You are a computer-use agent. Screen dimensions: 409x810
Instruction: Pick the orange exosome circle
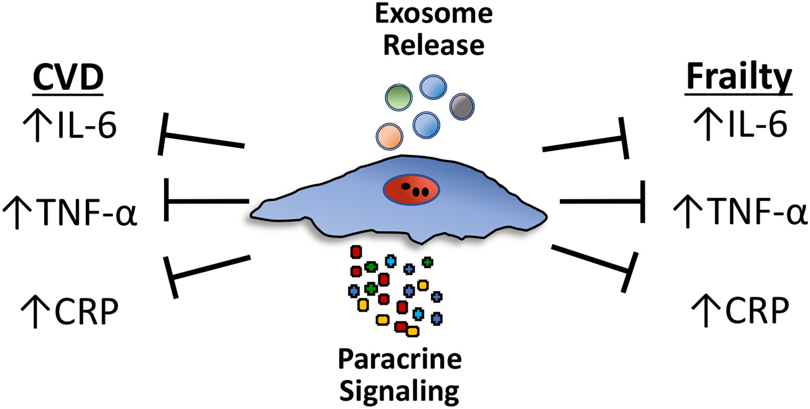[390, 135]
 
